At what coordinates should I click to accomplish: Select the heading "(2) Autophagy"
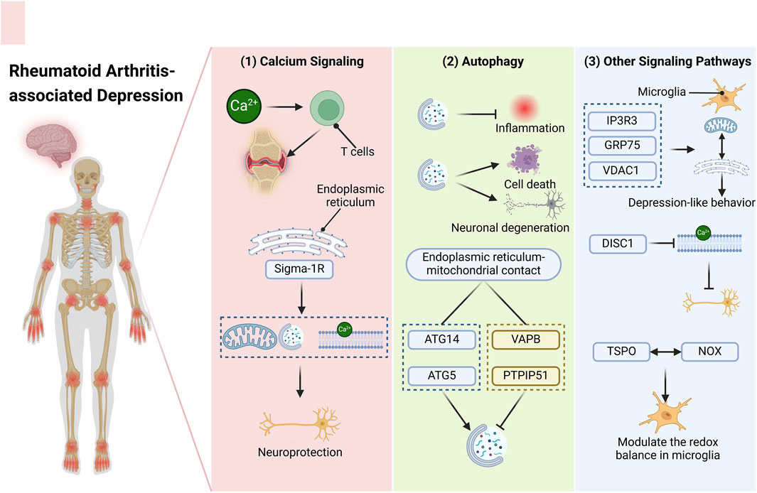pos(483,62)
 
